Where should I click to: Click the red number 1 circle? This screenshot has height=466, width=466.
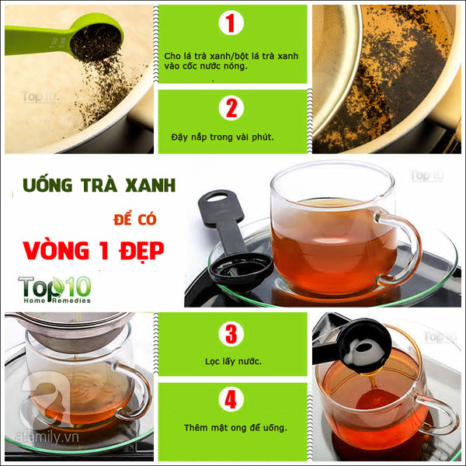(231, 23)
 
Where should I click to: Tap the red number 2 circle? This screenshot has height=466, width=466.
(231, 108)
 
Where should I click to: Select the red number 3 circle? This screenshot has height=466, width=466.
(231, 333)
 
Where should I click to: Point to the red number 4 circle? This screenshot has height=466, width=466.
(231, 399)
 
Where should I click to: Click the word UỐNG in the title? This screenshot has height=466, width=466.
(47, 184)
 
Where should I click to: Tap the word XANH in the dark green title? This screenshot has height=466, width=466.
(150, 186)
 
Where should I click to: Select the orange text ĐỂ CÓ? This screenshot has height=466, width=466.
(135, 219)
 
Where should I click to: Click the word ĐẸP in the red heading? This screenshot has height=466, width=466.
(141, 251)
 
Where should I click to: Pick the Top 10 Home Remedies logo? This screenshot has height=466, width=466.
(54, 290)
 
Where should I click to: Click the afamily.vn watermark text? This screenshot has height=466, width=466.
(47, 437)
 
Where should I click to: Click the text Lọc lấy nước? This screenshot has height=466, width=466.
(233, 362)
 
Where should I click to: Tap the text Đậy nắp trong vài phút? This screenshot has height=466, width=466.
(223, 137)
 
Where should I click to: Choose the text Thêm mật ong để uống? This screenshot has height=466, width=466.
(235, 428)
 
